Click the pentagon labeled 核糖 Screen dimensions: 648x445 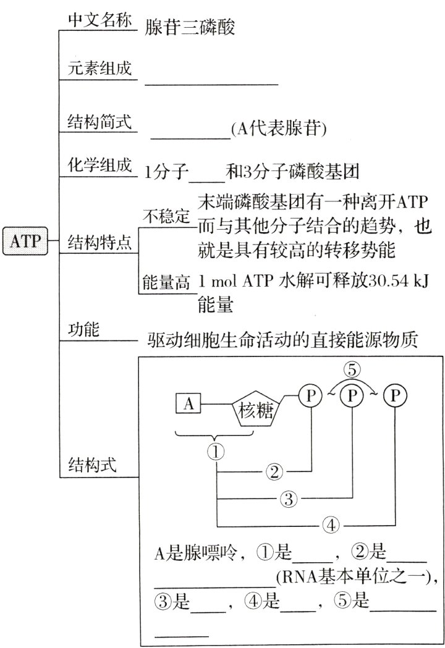coord(255,410)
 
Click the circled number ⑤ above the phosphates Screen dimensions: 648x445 coord(352,371)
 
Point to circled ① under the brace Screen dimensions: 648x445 coord(216,452)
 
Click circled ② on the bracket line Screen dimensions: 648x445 coord(274,473)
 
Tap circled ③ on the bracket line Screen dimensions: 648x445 coord(289,499)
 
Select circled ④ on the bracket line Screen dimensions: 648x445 coord(331,526)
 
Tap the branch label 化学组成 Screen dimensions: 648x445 coord(100,166)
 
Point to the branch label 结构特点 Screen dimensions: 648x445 coord(100,241)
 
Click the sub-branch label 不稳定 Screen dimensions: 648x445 coord(165,216)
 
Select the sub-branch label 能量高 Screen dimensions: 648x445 coord(165,283)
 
